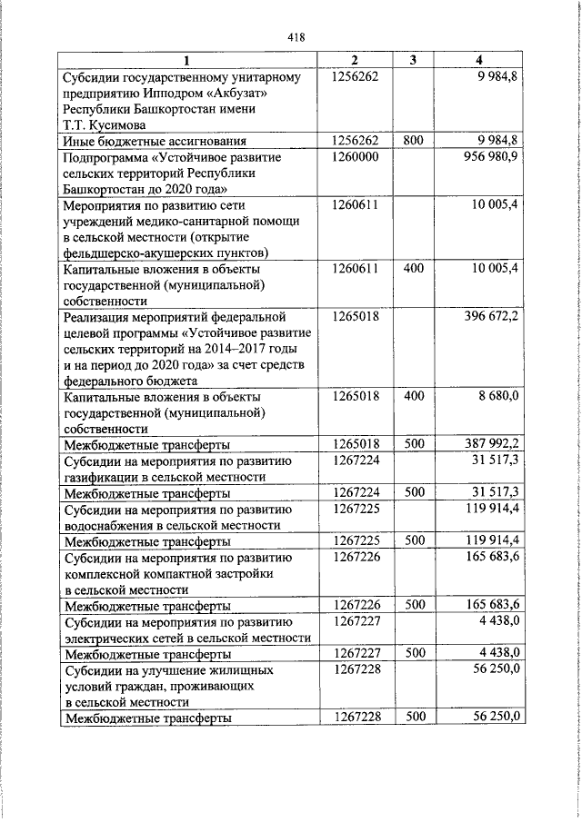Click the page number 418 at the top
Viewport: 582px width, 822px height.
(296, 37)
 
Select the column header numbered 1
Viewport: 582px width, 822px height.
(186, 60)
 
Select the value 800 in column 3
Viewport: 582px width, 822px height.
(413, 140)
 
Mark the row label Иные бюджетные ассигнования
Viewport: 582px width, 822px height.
(154, 141)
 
